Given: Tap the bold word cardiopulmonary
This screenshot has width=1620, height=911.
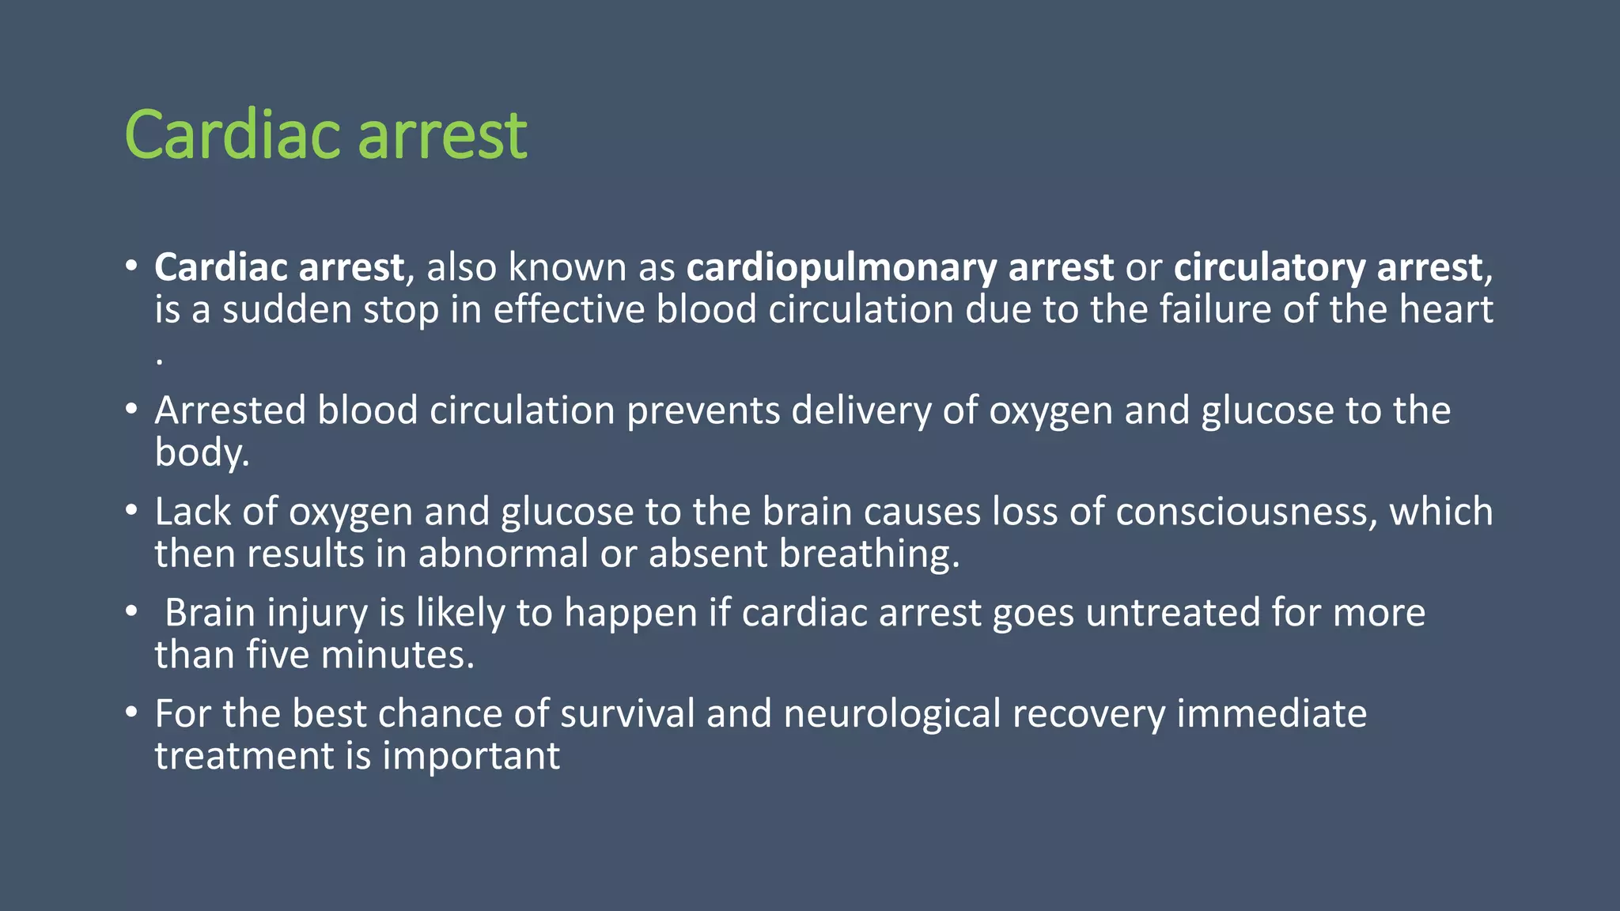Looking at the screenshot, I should click(x=841, y=267).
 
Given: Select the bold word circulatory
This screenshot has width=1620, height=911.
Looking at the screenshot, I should click(x=1269, y=267).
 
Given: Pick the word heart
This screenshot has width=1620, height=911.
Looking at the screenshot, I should click(x=1445, y=309).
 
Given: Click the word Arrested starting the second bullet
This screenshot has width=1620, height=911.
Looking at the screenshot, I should click(x=230, y=410).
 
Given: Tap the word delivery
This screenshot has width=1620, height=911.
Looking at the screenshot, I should click(x=861, y=410).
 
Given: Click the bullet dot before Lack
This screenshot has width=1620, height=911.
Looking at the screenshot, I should click(x=131, y=510).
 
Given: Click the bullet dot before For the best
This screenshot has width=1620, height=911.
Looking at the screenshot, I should click(x=131, y=713).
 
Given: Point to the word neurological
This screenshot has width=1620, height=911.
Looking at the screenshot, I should click(x=892, y=714).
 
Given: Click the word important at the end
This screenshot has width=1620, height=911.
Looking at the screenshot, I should click(x=471, y=756).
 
